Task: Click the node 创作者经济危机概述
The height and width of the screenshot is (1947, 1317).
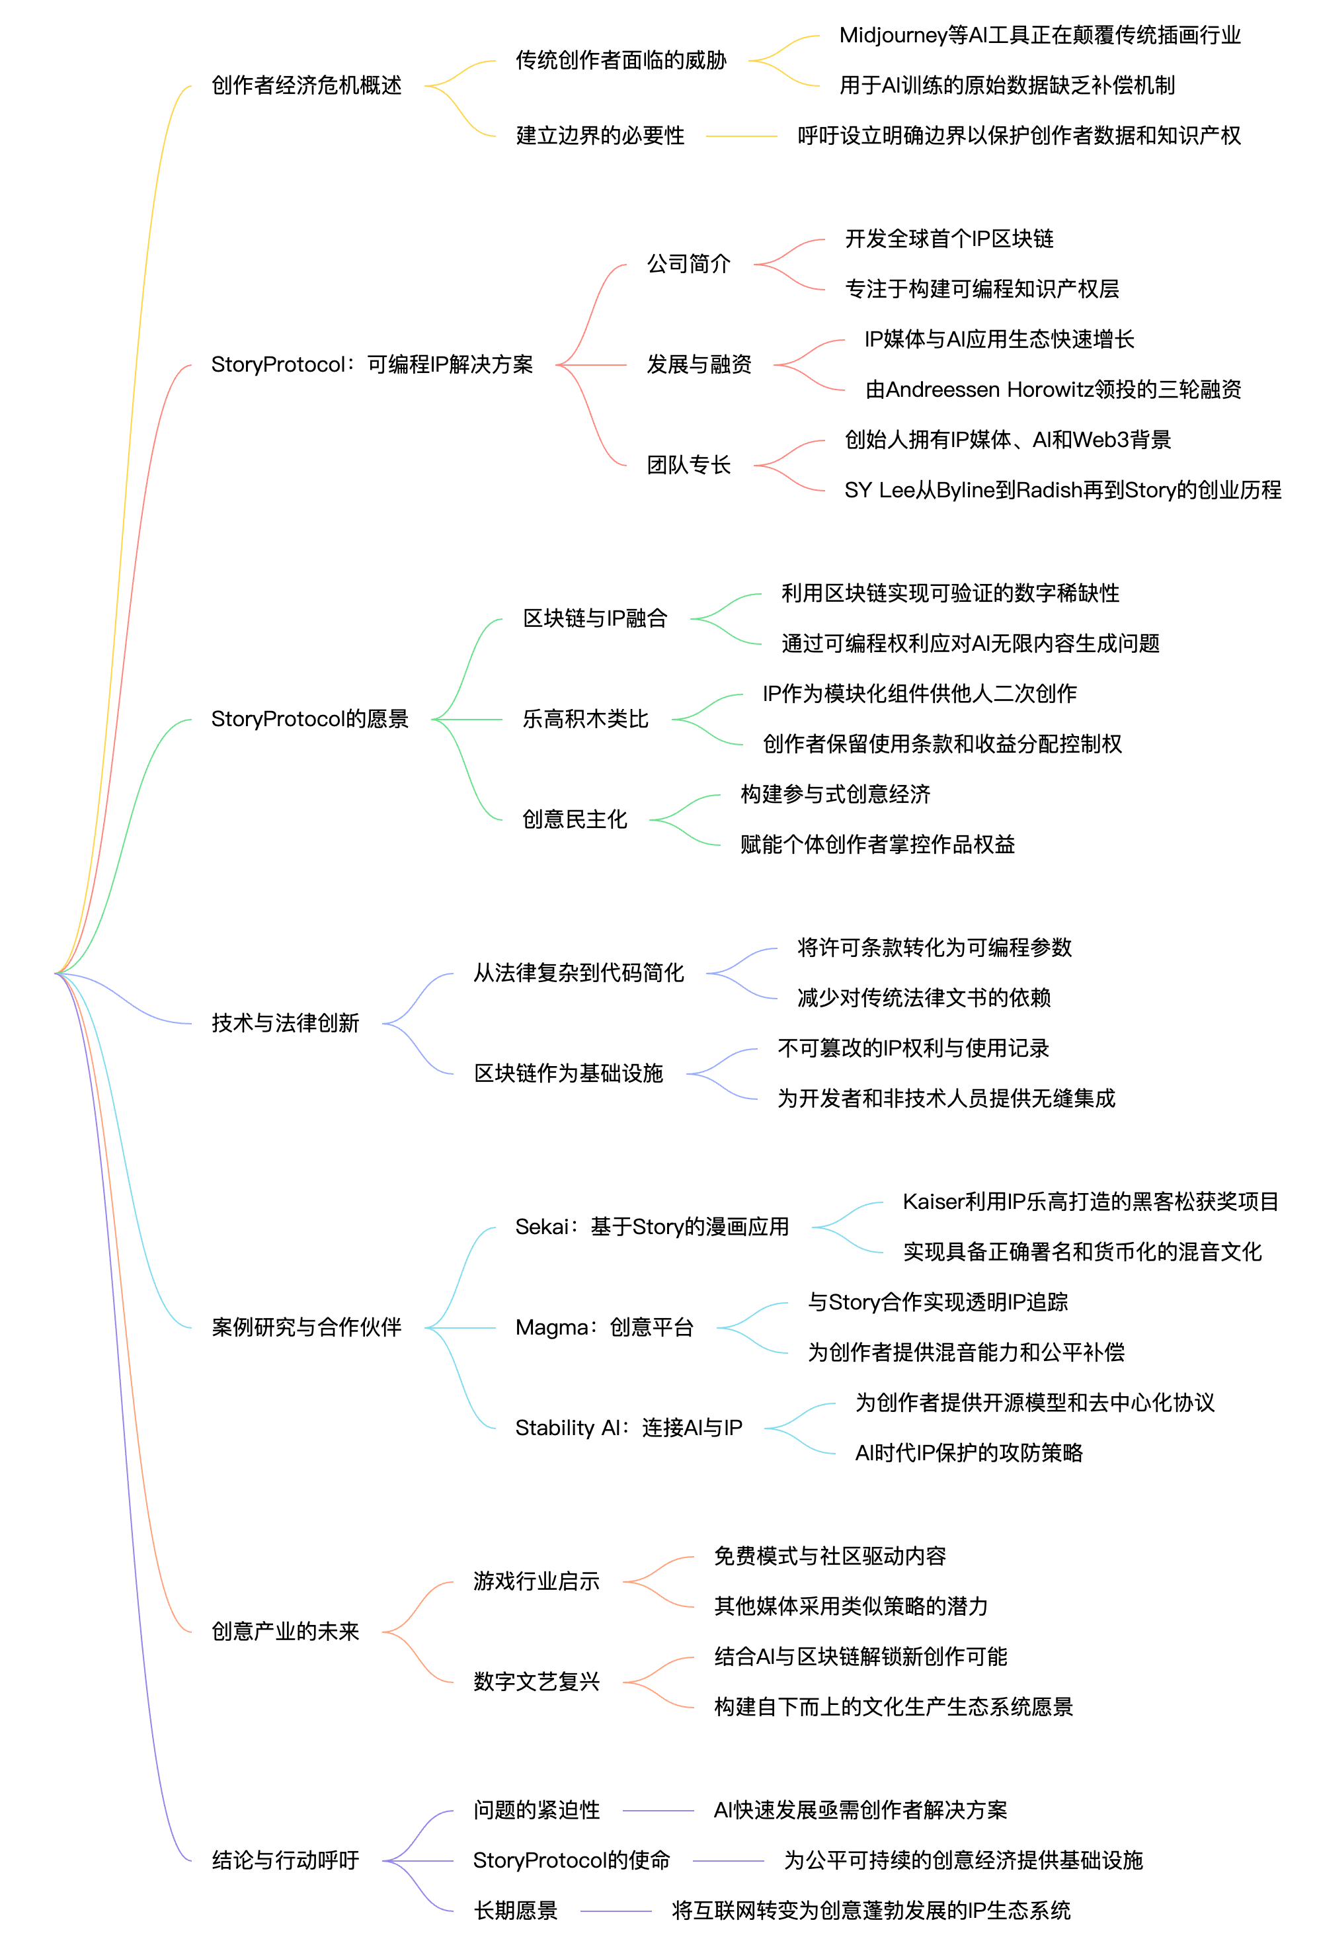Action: tap(306, 85)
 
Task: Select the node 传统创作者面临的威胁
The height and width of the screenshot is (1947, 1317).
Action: tap(620, 60)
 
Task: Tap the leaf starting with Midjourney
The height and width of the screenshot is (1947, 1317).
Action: tap(1039, 35)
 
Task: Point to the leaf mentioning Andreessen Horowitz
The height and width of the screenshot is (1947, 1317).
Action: tap(1053, 390)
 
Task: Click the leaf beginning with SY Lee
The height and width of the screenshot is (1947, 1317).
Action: tap(1062, 490)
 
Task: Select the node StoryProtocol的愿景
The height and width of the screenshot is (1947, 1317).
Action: tap(309, 719)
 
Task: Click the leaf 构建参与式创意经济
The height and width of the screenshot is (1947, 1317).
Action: tap(834, 794)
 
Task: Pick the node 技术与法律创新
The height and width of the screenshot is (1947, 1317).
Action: tap(285, 1023)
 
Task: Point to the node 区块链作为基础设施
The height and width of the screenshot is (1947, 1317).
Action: tap(568, 1073)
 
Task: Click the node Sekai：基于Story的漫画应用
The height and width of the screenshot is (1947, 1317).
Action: tap(652, 1227)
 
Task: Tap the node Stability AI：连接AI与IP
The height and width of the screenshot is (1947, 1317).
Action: tap(628, 1428)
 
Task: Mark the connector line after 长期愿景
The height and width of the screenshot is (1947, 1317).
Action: tap(615, 1911)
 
